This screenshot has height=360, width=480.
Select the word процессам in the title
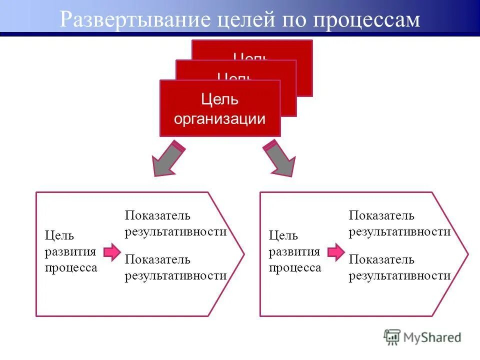[x=366, y=20]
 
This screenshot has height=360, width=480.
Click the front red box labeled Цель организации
[x=220, y=108]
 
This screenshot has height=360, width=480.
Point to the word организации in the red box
[x=219, y=118]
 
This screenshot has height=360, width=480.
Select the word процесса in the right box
[x=295, y=267]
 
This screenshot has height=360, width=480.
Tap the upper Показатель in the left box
[x=157, y=215]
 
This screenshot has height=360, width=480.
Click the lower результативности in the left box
[x=175, y=275]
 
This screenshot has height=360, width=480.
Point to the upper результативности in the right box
[x=399, y=231]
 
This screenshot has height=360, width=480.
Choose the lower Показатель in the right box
[x=381, y=259]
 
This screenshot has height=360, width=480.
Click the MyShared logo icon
[x=392, y=337]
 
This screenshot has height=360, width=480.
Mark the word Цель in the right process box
[x=283, y=235]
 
